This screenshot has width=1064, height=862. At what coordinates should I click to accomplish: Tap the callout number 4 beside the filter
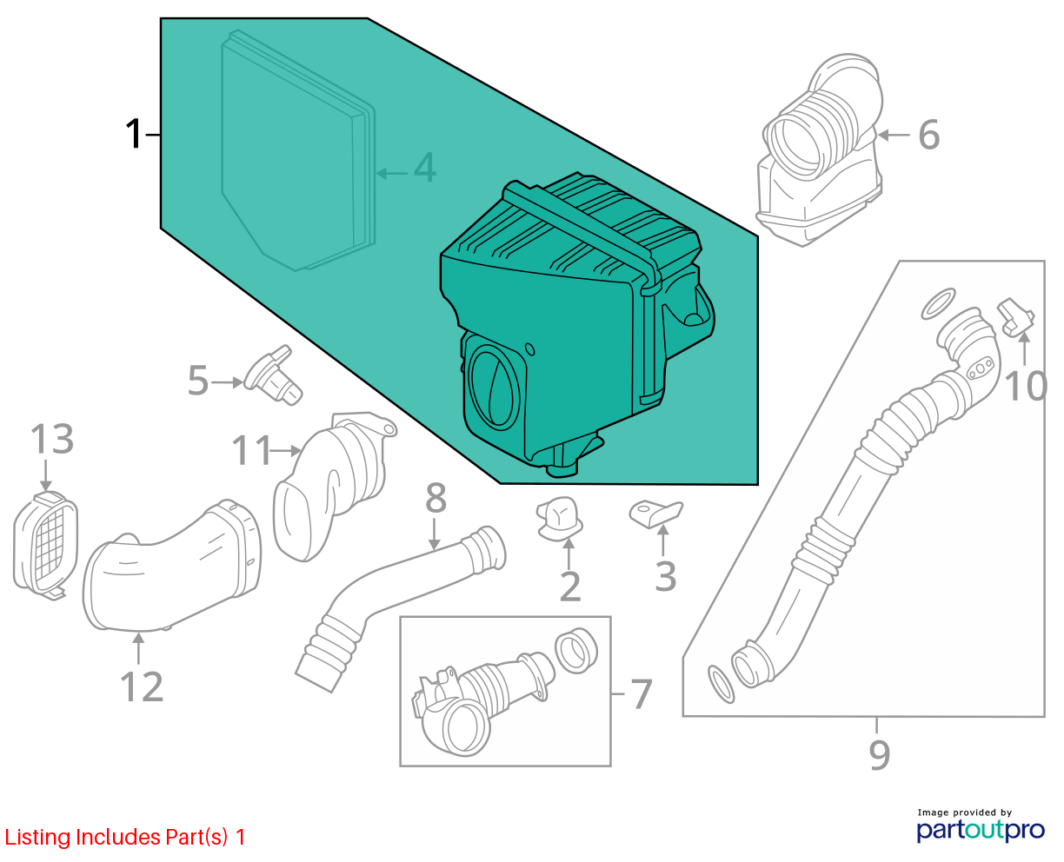click(x=424, y=167)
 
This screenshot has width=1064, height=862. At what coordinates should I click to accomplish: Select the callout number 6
click(x=928, y=135)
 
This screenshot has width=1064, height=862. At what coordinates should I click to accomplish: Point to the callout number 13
click(x=52, y=439)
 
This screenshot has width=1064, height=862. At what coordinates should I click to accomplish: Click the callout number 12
click(x=142, y=686)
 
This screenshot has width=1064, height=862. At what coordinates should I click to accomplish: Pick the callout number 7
click(x=642, y=693)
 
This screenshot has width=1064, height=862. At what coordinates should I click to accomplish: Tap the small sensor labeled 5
click(x=274, y=375)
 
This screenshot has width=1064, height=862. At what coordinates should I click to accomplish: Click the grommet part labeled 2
click(x=560, y=519)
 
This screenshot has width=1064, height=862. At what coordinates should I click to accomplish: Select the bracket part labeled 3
click(x=655, y=514)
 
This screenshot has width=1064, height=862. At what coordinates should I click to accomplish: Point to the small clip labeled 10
click(x=1015, y=317)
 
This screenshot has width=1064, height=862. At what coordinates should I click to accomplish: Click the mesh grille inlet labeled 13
click(x=45, y=546)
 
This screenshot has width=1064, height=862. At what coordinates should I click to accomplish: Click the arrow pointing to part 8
click(x=434, y=534)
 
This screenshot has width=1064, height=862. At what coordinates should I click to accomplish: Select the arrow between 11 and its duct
click(x=286, y=450)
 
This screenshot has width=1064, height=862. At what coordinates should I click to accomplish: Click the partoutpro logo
click(x=980, y=831)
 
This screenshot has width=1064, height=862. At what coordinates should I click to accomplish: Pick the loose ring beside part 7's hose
click(x=576, y=651)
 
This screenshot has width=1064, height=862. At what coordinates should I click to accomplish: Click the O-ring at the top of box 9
click(x=938, y=303)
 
